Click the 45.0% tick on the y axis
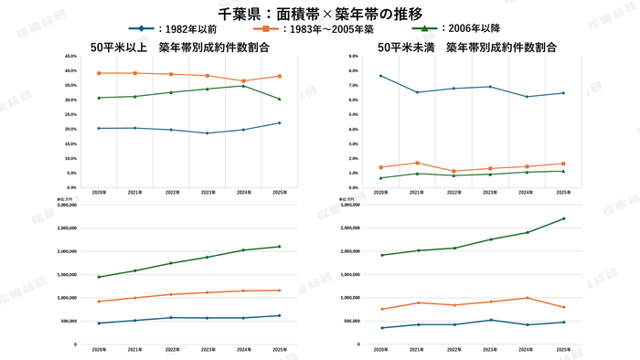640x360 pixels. pos(71,57)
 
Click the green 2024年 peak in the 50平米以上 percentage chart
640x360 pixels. pos(243,85)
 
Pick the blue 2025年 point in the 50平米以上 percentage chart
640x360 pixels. pos(279,123)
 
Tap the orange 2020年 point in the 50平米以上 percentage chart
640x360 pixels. pos(99,73)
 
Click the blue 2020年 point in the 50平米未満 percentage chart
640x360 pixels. pos(380,76)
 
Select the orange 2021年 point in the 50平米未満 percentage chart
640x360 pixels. pos(417,163)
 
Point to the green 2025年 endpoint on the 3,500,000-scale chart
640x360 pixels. pos(563,218)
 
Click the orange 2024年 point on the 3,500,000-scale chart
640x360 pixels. pos(527,298)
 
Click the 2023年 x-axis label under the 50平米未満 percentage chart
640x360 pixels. pos(490,194)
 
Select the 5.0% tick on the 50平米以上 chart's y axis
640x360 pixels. pos(72,173)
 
